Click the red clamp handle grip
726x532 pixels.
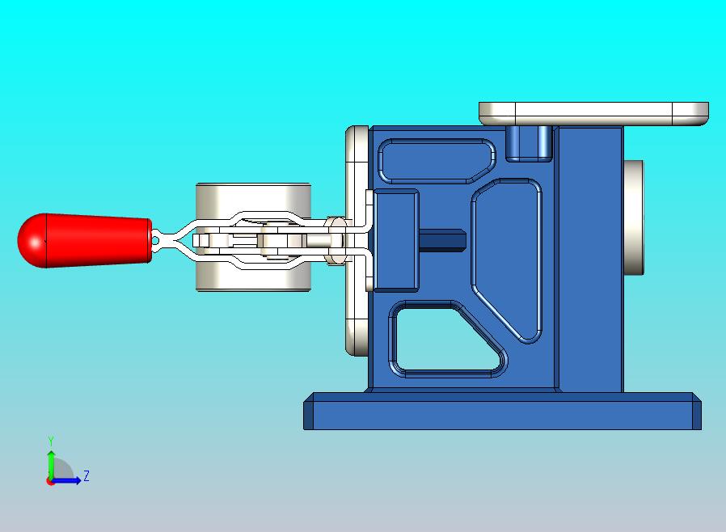pos(85,240)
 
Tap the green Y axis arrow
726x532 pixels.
pos(51,463)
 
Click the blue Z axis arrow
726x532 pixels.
pos(65,481)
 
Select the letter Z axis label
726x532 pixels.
pos(87,475)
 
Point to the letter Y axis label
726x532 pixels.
pos(51,441)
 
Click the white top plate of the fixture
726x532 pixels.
pos(593,114)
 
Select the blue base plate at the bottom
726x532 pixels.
pos(502,412)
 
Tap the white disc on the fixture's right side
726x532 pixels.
pos(633,217)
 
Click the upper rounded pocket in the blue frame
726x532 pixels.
pos(436,161)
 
